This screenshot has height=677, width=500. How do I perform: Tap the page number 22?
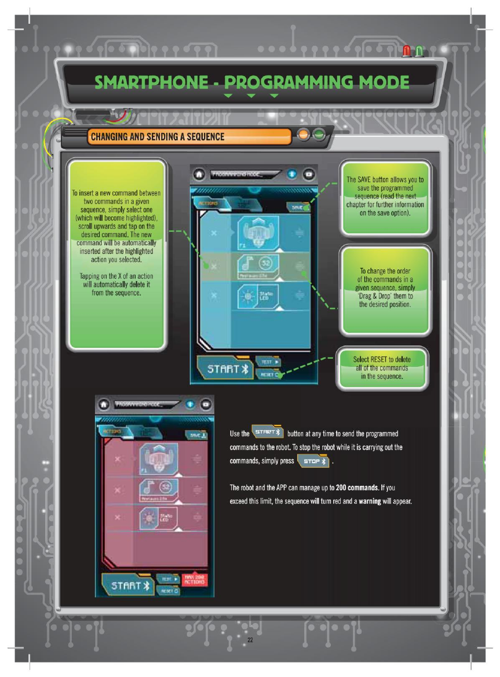point(250,640)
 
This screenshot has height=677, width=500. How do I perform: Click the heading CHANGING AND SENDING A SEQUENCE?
point(156,137)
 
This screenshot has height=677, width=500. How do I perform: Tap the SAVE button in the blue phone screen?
point(298,206)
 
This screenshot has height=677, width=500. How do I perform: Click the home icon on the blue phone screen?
point(199,174)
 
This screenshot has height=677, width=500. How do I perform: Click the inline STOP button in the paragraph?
point(313,461)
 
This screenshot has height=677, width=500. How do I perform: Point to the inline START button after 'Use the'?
point(268,433)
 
